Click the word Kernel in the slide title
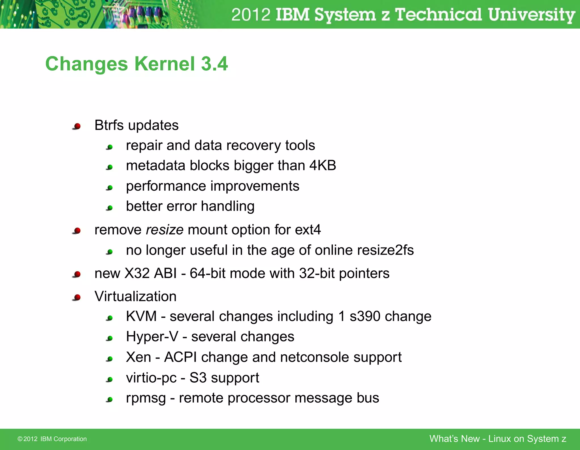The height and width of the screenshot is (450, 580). [x=164, y=64]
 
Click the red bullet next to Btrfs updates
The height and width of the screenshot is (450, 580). [x=77, y=126]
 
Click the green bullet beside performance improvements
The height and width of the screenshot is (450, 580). [x=110, y=188]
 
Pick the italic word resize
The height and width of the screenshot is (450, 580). [x=165, y=230]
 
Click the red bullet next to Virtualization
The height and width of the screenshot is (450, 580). [x=77, y=297]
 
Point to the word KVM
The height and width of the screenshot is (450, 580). [x=141, y=316]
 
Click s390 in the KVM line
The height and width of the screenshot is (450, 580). [x=365, y=316]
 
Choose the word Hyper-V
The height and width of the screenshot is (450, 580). [x=152, y=337]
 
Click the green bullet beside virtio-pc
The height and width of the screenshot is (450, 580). [x=110, y=379]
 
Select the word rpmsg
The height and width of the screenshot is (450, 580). [x=146, y=398]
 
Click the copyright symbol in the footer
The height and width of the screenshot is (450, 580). [x=20, y=439]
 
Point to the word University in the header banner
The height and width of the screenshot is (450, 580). [x=531, y=15]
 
